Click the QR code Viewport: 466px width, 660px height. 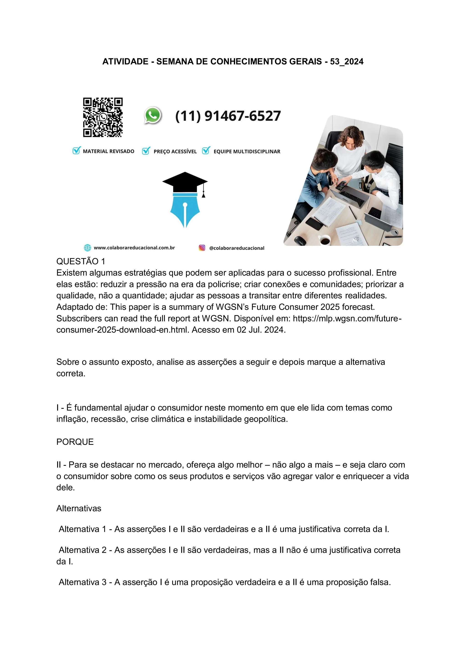[103, 117]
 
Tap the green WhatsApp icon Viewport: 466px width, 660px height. [153, 115]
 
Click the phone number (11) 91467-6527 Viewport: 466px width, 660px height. [228, 116]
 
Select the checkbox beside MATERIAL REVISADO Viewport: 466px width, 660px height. [76, 151]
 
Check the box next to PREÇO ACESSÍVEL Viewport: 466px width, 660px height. [146, 151]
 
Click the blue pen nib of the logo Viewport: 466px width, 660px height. [185, 211]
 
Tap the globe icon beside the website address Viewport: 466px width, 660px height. [87, 248]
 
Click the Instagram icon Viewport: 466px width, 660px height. [202, 248]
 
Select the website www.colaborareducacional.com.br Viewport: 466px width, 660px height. [134, 248]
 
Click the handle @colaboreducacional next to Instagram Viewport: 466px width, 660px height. [237, 248]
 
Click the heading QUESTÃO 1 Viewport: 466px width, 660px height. [81, 261]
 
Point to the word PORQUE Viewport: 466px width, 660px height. [75, 442]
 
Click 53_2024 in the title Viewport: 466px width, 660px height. [347, 62]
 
